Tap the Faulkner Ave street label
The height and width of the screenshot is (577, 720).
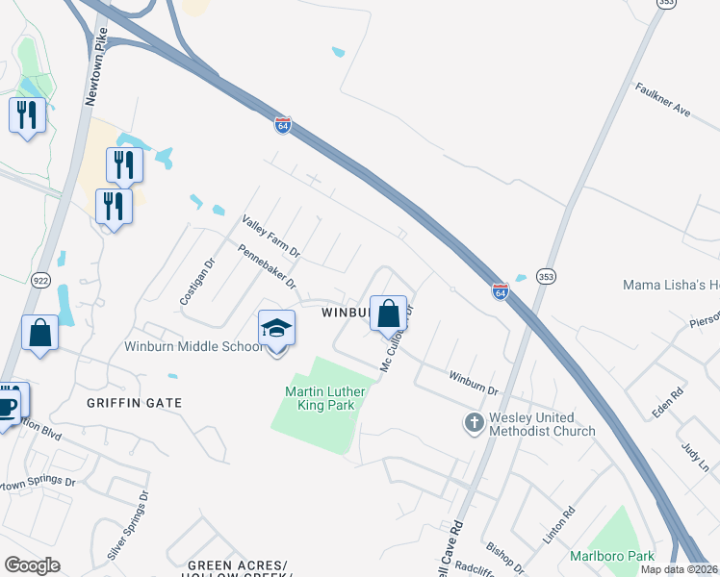click(663, 98)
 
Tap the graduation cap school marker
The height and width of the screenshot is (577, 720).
click(276, 329)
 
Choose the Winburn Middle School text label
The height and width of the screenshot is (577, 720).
click(193, 346)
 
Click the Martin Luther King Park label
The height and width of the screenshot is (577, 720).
click(321, 397)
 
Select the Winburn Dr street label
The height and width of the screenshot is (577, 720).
click(473, 382)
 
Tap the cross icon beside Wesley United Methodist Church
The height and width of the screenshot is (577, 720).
click(473, 423)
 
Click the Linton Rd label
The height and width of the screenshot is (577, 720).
click(558, 527)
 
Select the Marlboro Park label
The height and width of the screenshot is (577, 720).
click(611, 556)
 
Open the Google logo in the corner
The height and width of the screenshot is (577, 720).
click(32, 565)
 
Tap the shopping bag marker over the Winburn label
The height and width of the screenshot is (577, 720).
click(388, 314)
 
